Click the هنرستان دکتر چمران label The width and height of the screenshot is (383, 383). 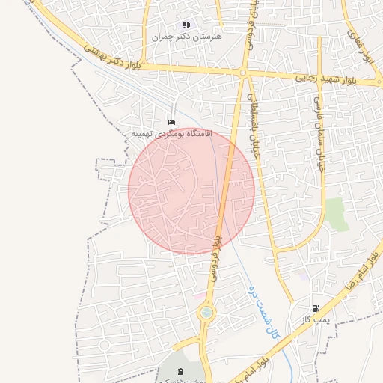177,36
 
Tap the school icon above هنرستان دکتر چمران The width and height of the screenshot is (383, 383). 186,25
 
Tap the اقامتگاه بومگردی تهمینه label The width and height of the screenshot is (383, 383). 172,133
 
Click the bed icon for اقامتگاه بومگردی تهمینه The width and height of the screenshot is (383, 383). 172,122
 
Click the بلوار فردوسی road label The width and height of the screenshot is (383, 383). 216,258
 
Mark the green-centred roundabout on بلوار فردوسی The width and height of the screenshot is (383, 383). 205,313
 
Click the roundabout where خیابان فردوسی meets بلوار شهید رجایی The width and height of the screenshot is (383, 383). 244,73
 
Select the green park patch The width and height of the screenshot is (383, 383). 336,214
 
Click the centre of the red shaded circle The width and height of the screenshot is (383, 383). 191,191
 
